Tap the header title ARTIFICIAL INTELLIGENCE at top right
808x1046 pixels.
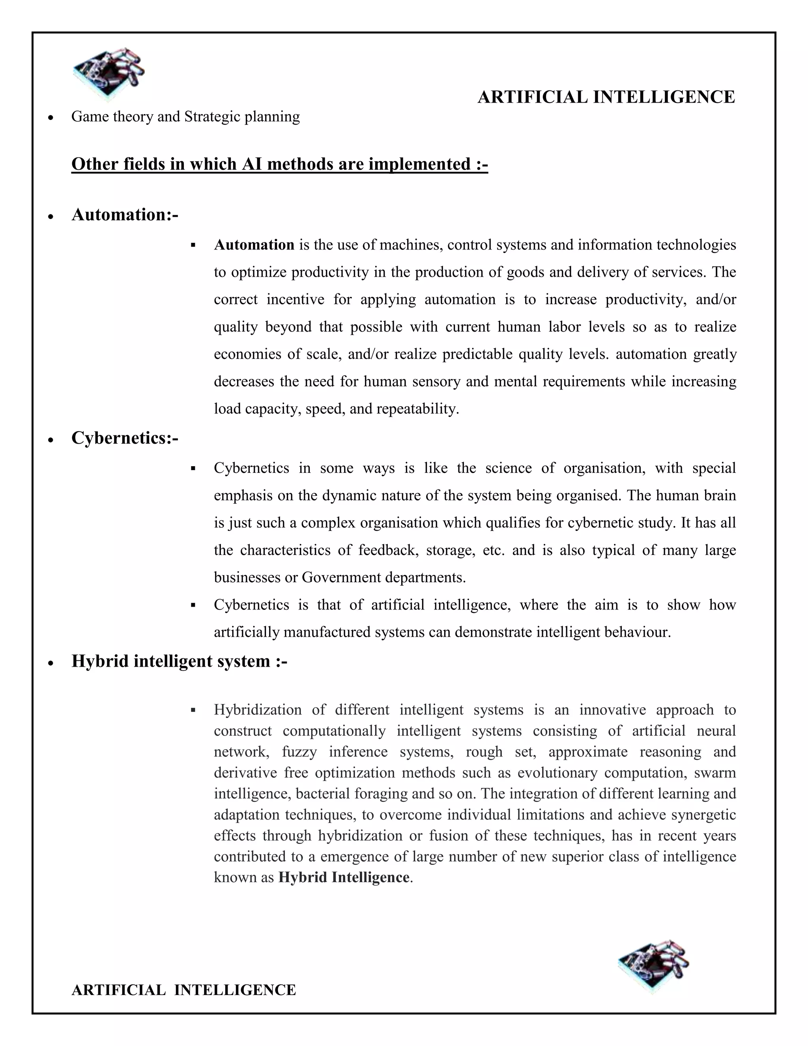(606, 97)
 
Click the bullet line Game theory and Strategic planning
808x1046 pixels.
(185, 116)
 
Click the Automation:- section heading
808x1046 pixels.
(124, 215)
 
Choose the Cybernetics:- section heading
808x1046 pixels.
(124, 438)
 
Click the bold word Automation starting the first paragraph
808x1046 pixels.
(254, 245)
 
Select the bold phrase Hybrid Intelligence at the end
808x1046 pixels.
(344, 877)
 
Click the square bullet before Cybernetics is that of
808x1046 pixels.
(193, 605)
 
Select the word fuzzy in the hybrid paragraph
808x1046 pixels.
(299, 752)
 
